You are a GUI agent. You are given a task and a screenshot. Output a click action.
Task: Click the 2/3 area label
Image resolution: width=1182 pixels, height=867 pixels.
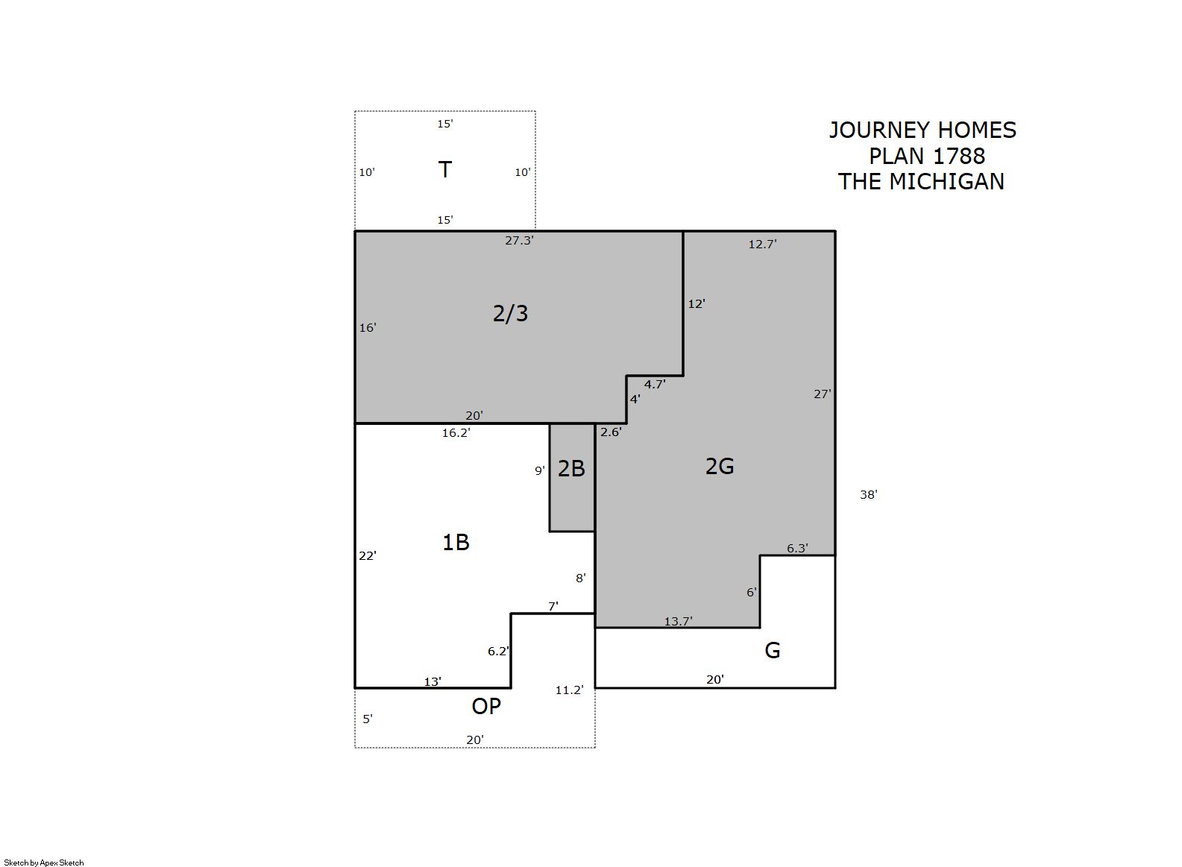pyautogui.click(x=510, y=314)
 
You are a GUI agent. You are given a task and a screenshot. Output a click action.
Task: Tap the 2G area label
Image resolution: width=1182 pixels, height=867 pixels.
pyautogui.click(x=720, y=466)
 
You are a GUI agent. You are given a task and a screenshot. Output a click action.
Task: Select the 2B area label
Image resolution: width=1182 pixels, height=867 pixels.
pyautogui.click(x=571, y=469)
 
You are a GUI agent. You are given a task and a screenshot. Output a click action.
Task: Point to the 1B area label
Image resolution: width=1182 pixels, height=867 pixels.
pyautogui.click(x=456, y=542)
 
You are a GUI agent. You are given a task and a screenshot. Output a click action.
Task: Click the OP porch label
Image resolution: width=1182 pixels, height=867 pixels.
pyautogui.click(x=486, y=706)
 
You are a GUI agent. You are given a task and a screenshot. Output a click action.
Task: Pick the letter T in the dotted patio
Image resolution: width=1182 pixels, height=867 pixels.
pyautogui.click(x=444, y=170)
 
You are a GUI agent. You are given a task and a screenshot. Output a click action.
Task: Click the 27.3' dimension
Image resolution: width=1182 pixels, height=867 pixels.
pyautogui.click(x=519, y=241)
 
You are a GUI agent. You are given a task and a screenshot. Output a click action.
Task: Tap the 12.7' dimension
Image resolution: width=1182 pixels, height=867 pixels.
pyautogui.click(x=762, y=245)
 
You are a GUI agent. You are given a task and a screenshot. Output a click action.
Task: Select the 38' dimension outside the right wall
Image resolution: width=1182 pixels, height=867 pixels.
pyautogui.click(x=869, y=495)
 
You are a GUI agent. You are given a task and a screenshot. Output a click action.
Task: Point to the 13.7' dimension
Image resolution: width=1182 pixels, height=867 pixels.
pyautogui.click(x=678, y=622)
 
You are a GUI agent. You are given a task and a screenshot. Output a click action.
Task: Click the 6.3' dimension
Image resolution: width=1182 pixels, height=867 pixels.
pyautogui.click(x=797, y=549)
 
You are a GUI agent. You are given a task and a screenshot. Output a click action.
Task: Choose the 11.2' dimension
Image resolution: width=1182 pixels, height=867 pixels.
pyautogui.click(x=569, y=690)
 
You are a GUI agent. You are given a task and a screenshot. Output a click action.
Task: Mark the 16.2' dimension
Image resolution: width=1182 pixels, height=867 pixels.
pyautogui.click(x=456, y=433)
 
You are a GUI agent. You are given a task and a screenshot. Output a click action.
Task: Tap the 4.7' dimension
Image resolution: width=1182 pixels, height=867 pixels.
pyautogui.click(x=655, y=385)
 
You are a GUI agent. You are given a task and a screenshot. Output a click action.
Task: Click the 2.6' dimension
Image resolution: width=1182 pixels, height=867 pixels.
pyautogui.click(x=611, y=432)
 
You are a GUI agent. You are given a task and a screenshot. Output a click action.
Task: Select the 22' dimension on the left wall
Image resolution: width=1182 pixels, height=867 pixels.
pyautogui.click(x=368, y=556)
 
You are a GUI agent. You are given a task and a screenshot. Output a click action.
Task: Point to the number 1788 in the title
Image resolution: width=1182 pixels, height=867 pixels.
pyautogui.click(x=959, y=156)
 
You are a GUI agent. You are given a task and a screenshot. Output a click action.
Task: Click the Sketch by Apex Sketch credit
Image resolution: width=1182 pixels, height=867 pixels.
pyautogui.click(x=44, y=863)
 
